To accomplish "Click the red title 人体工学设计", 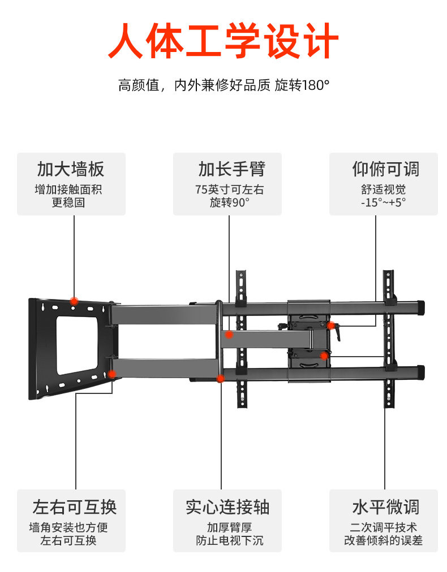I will tap(223, 41).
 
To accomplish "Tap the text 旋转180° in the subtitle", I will tap(302, 86).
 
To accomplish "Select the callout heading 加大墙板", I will tap(71, 168).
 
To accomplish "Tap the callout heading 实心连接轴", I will tap(227, 506).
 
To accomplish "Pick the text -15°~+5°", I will tap(383, 202).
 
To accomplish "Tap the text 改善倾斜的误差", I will tap(383, 540).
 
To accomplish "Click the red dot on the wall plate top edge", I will tap(74, 301).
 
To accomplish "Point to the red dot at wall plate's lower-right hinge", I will tap(112, 374).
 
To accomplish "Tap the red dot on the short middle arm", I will tap(229, 335).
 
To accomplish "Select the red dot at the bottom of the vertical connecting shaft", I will tap(221, 378).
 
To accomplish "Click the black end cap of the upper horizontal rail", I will tap(421, 307).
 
